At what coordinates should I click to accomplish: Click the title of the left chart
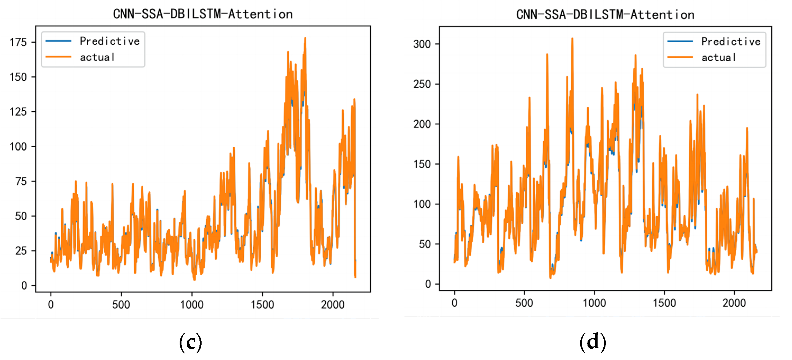point(203,14)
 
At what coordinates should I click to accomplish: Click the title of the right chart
point(605,15)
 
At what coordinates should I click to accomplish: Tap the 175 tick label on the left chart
point(18,42)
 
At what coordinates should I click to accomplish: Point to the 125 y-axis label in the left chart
point(18,112)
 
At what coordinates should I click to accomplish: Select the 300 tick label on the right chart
point(422,44)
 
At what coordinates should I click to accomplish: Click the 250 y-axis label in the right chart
point(422,84)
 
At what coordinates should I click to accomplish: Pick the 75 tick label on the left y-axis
point(21,181)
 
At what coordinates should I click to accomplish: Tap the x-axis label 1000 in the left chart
point(192,305)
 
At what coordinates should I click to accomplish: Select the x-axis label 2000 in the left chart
point(333,305)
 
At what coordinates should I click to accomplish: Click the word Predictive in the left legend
point(110,41)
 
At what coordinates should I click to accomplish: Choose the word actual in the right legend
point(718,57)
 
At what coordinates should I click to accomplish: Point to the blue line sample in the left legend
point(58,41)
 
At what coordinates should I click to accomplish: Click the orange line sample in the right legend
point(680,57)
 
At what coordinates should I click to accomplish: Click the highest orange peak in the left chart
point(305,38)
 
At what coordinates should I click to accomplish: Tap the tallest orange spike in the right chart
point(572,39)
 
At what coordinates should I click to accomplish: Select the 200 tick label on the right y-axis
point(422,124)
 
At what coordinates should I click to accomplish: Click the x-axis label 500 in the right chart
point(524,303)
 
